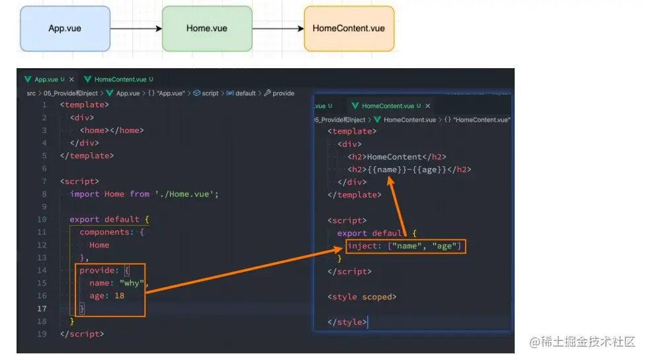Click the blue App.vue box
[x=65, y=28]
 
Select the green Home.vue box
[x=207, y=28]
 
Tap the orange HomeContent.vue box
[x=349, y=28]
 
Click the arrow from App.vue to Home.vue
[x=136, y=28]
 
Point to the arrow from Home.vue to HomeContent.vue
[x=278, y=28]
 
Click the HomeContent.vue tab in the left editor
[x=120, y=79]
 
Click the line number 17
[x=42, y=308]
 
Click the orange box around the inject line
[x=406, y=246]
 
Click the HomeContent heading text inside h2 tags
[x=394, y=157]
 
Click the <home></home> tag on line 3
[x=112, y=130]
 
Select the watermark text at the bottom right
[x=582, y=341]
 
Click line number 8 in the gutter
[x=44, y=194]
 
